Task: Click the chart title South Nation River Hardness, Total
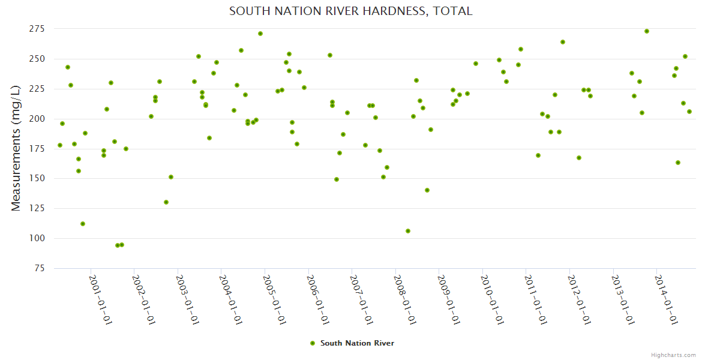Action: (350, 11)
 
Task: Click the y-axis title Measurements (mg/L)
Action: (16, 148)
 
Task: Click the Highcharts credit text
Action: (673, 355)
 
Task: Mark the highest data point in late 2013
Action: (647, 31)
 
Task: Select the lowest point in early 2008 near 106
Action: (408, 231)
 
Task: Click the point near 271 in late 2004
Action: (260, 34)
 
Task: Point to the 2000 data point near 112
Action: (83, 224)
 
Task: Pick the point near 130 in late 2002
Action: (166, 202)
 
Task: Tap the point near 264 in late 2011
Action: (563, 42)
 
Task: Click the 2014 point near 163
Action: (678, 163)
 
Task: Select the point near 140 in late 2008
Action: (427, 190)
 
